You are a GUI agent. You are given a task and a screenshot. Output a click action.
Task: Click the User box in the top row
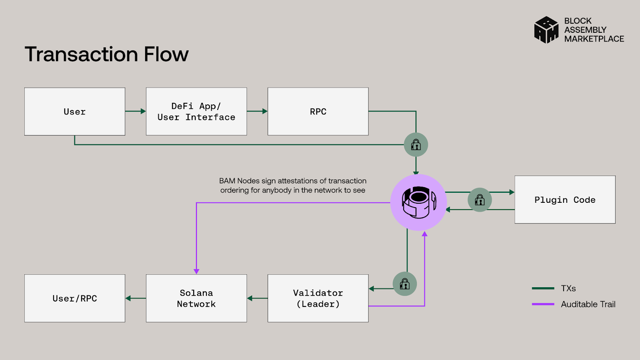coord(75,112)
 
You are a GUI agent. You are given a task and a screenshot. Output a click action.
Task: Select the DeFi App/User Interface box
coord(196,112)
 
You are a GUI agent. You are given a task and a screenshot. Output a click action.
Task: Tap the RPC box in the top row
coord(318,112)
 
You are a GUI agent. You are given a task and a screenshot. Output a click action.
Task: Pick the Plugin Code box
coord(565,200)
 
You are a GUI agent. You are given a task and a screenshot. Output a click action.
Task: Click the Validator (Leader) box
coord(318,298)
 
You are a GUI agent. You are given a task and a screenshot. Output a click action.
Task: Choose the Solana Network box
coord(196,298)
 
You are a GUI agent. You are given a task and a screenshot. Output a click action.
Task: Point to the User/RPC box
coord(75,298)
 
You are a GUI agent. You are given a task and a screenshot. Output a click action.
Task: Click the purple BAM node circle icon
coord(418,202)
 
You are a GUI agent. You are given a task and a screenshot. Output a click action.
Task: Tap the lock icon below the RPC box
coord(416,145)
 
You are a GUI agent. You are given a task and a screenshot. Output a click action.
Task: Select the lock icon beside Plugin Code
coord(480,200)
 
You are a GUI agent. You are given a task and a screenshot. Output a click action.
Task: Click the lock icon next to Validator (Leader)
coord(405,284)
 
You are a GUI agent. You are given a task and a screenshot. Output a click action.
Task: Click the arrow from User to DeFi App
coord(136,111)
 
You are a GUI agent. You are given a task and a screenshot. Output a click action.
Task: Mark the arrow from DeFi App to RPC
coord(258,111)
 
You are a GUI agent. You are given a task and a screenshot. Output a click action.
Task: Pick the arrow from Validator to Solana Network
coord(257,298)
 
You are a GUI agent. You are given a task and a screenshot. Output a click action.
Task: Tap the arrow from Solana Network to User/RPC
coord(136,298)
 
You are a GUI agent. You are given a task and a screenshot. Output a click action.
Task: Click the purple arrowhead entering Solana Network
coord(196,271)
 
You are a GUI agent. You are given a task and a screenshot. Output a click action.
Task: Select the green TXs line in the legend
coord(543,288)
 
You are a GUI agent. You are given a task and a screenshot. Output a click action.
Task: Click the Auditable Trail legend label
coord(588,304)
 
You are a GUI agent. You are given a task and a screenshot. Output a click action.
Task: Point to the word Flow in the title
coord(166,54)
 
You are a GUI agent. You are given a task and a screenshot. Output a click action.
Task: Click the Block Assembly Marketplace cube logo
coord(546,30)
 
